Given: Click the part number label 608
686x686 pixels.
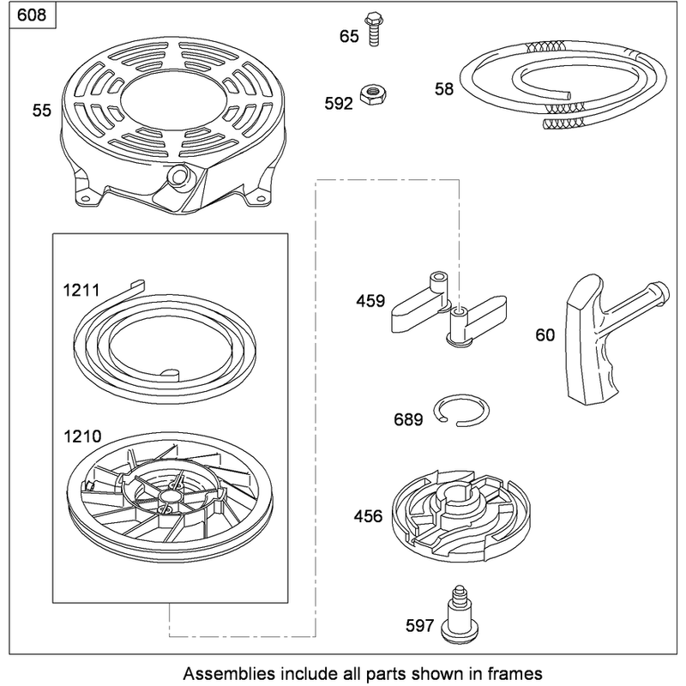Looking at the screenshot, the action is point(32,15).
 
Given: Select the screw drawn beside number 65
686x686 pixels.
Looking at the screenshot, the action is point(373,29).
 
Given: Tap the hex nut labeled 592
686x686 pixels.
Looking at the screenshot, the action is point(373,93).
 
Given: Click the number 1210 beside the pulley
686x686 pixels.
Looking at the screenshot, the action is point(82,436).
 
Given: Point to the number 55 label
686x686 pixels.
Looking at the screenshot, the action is point(41,111).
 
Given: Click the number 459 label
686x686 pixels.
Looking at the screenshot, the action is point(370,301).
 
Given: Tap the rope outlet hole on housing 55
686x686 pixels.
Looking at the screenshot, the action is point(178,176).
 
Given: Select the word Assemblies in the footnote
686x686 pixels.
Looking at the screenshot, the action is point(229,673).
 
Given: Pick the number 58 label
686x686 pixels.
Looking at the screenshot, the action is point(443,89).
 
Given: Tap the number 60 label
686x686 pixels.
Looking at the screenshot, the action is point(545,335).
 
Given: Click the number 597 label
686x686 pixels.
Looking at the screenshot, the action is point(419,626).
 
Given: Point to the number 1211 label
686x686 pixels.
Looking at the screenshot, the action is point(81,290).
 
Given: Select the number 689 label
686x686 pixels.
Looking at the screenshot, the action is point(408,419).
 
